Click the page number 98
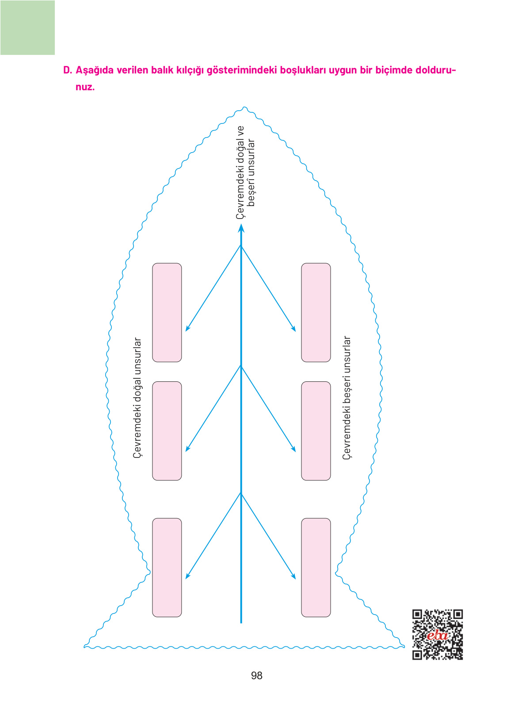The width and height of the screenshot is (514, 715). (256, 676)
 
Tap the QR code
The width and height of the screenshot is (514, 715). (437, 634)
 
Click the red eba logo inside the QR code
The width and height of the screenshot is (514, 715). (437, 636)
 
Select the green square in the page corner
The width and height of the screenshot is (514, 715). (27, 27)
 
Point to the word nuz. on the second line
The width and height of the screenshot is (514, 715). (85, 87)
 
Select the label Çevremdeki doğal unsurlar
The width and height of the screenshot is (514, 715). (138, 398)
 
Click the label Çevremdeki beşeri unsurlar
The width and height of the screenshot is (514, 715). (347, 398)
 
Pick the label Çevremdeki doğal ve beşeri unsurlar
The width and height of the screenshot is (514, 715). (245, 172)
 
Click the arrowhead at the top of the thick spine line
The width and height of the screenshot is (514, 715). (241, 228)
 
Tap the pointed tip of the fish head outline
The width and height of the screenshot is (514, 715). (245, 108)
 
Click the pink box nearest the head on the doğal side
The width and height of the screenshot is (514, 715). (167, 312)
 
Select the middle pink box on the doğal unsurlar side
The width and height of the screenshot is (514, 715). (167, 431)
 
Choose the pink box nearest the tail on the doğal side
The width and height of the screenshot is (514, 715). (167, 567)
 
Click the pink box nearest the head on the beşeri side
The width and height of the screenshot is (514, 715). (316, 312)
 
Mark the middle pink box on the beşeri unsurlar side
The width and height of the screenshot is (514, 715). (316, 431)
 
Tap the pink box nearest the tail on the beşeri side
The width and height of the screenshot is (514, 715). (316, 567)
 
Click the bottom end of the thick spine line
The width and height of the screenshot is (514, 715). (241, 622)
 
